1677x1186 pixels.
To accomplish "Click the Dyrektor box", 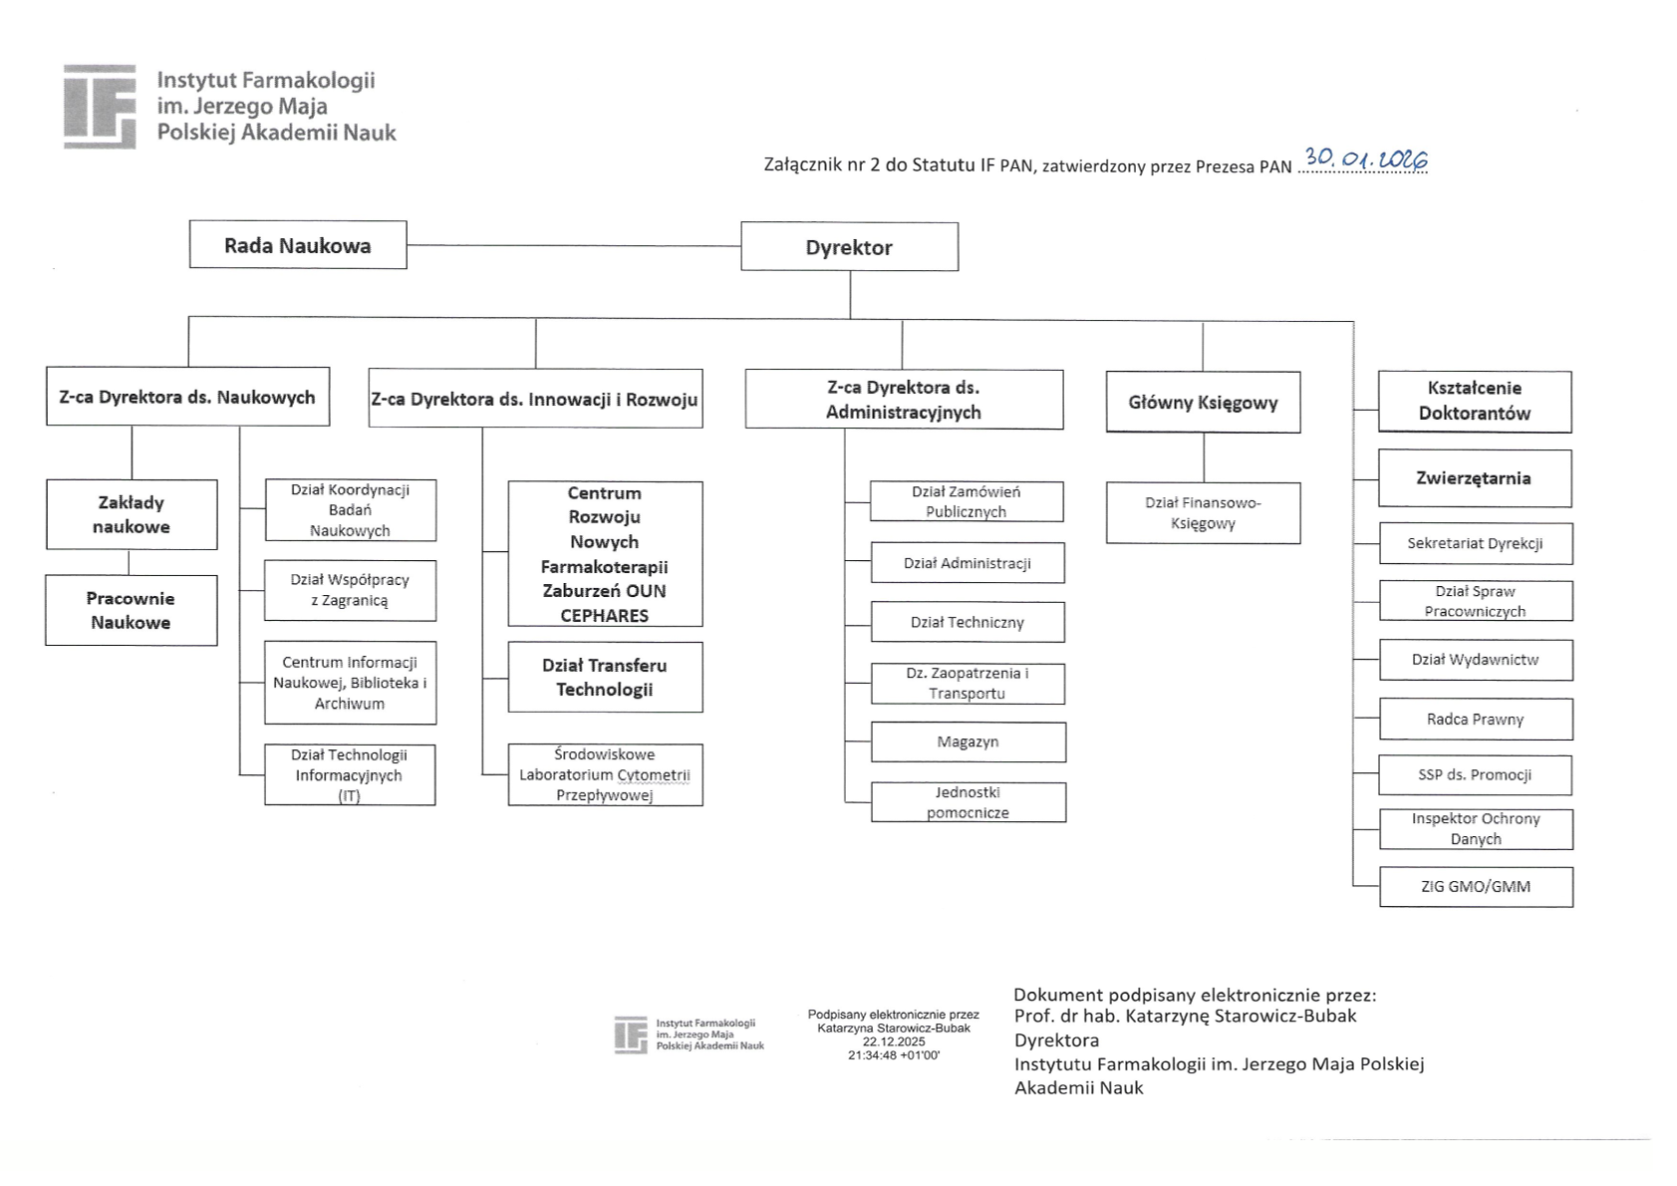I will tap(849, 247).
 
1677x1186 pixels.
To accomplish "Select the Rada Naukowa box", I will tap(298, 245).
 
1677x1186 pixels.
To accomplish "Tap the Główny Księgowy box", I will tap(1203, 403).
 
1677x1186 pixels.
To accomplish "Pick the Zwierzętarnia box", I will tap(1474, 478).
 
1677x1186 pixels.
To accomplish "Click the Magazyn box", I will tap(968, 742).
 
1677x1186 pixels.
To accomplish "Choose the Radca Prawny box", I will tap(1475, 720).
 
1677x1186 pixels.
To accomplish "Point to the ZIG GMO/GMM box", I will tap(1475, 887).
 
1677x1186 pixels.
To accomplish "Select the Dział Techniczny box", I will tap(967, 623).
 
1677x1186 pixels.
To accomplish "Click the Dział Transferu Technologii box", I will tap(605, 678).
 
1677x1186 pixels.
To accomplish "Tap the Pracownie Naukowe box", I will tap(131, 611).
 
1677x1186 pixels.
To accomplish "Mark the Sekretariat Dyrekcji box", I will tap(1475, 544).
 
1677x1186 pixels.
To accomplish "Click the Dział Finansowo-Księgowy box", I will tap(1203, 513).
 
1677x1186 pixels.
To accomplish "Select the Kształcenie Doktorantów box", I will tap(1474, 402).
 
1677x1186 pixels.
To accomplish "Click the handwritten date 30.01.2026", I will tap(1366, 159).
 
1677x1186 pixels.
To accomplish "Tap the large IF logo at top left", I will tap(100, 107).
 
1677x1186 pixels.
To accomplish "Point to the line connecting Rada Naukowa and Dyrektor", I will tap(573, 245).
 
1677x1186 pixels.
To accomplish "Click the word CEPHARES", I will tap(604, 616).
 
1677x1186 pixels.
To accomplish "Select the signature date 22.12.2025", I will tap(894, 1041).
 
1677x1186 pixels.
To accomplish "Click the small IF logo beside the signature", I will tap(631, 1035).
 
